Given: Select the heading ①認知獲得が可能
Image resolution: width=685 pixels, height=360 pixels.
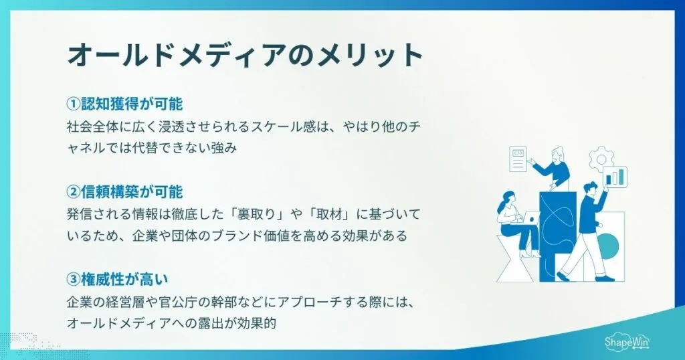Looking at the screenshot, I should point(124,105).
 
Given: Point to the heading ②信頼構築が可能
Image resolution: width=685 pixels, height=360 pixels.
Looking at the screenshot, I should point(124,193).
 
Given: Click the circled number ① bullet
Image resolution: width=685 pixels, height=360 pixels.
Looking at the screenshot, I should point(74,105).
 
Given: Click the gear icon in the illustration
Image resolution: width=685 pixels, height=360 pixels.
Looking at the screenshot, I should point(600,159).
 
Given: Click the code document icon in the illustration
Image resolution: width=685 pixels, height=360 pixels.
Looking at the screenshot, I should point(518,159).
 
